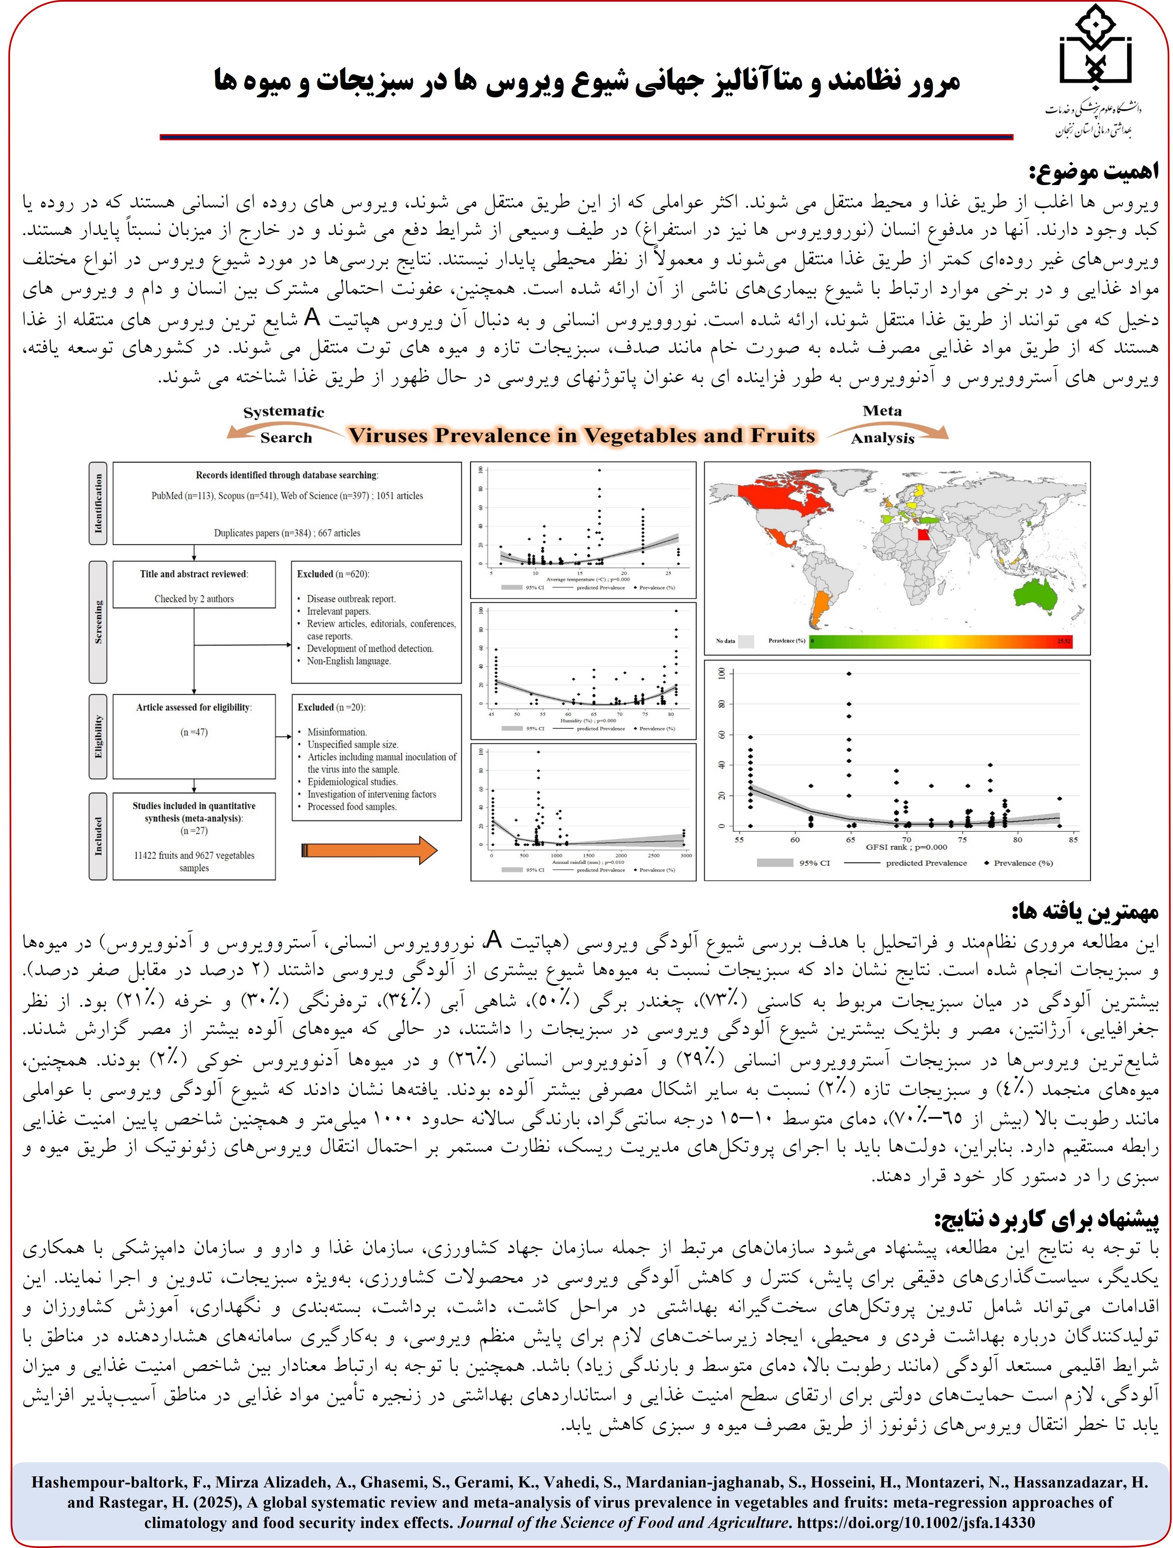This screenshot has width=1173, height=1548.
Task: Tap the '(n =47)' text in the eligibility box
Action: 194,732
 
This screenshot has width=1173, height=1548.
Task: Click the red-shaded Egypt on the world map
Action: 925,535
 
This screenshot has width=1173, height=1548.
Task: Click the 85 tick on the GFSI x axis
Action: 1073,839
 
